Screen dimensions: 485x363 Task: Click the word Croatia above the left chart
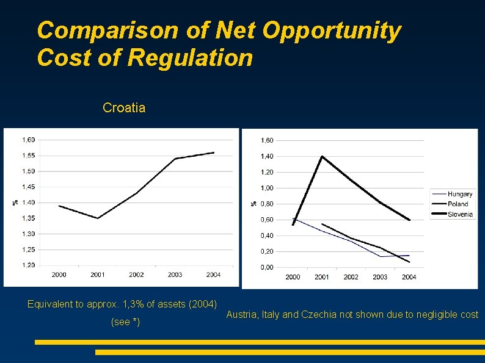point(124,108)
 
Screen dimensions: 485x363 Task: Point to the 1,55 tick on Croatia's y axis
point(29,156)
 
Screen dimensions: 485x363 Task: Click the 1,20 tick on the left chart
point(29,265)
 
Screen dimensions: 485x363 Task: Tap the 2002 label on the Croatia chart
point(136,275)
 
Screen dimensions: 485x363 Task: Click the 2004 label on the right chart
point(409,277)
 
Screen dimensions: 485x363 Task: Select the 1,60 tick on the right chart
point(267,140)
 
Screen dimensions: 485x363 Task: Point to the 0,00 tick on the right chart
point(267,268)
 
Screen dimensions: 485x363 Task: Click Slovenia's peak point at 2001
point(322,157)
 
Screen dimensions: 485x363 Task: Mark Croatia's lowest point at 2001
point(98,218)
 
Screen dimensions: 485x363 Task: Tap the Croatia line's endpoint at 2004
point(214,153)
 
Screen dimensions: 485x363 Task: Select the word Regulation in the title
point(190,57)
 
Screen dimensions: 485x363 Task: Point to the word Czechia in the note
point(319,314)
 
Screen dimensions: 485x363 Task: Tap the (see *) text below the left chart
point(125,322)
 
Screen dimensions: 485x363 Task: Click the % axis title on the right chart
point(254,204)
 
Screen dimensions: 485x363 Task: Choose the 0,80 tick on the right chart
point(267,204)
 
